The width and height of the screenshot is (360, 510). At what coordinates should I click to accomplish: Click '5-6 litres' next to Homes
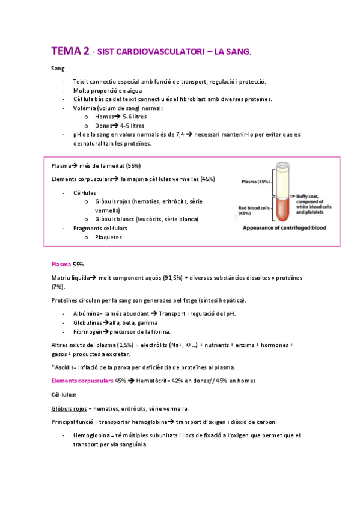[x=134, y=117]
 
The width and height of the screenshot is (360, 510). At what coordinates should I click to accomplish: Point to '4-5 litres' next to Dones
[x=132, y=126]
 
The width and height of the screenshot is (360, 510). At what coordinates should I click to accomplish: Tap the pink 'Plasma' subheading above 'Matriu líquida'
[x=61, y=265]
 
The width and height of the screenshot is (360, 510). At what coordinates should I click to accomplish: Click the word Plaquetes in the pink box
[x=108, y=237]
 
